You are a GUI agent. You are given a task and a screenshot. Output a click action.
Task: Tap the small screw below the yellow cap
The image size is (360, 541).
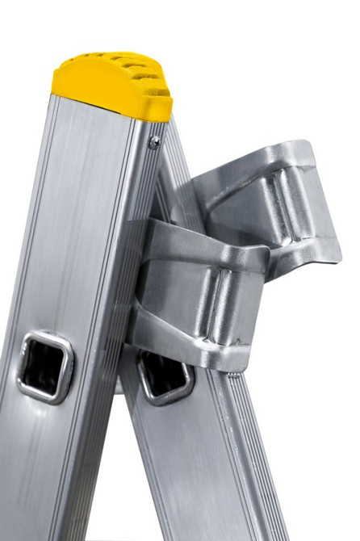pos(153,142)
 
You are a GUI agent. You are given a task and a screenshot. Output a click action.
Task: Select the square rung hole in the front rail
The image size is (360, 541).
pos(44,367)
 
